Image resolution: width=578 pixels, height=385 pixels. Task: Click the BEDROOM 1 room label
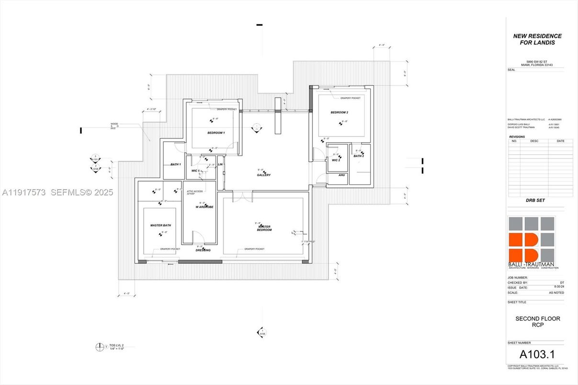pyautogui.click(x=216, y=132)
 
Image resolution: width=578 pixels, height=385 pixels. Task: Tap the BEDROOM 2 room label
pyautogui.click(x=339, y=113)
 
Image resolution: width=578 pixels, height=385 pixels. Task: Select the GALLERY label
pyautogui.click(x=263, y=175)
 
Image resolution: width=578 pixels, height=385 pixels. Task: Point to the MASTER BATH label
pyautogui.click(x=160, y=225)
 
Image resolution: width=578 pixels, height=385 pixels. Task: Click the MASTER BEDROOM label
pyautogui.click(x=264, y=228)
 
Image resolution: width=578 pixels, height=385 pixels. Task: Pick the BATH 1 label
pyautogui.click(x=176, y=164)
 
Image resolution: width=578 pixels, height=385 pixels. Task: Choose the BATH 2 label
pyautogui.click(x=359, y=156)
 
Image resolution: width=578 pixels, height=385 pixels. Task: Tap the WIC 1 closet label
pyautogui.click(x=195, y=170)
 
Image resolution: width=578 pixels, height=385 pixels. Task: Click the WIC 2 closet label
pyautogui.click(x=336, y=160)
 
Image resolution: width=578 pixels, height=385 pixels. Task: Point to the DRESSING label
pyautogui.click(x=203, y=250)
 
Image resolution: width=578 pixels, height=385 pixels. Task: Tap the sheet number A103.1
pyautogui.click(x=537, y=355)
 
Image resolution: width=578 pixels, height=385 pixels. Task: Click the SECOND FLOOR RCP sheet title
pyautogui.click(x=537, y=322)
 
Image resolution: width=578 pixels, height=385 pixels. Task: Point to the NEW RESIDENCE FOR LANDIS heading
pyautogui.click(x=537, y=39)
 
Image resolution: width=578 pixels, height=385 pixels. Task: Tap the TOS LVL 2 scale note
pyautogui.click(x=116, y=347)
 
